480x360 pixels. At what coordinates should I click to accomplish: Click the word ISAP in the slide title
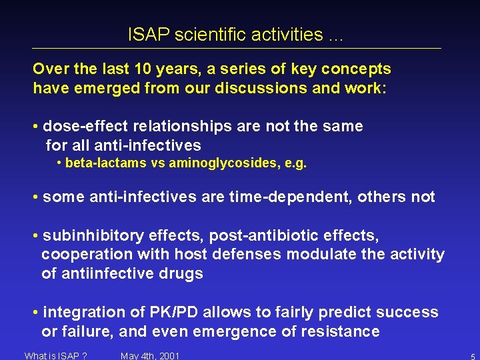pyautogui.click(x=149, y=35)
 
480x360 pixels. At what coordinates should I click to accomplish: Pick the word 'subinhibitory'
pyautogui.click(x=87, y=235)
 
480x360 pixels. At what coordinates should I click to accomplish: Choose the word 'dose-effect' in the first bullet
pyautogui.click(x=81, y=126)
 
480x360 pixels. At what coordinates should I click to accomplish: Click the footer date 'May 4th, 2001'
pyautogui.click(x=150, y=355)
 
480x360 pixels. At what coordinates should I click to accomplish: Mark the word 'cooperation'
pyautogui.click(x=87, y=254)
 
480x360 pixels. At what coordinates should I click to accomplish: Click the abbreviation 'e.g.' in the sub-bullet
pyautogui.click(x=295, y=163)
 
